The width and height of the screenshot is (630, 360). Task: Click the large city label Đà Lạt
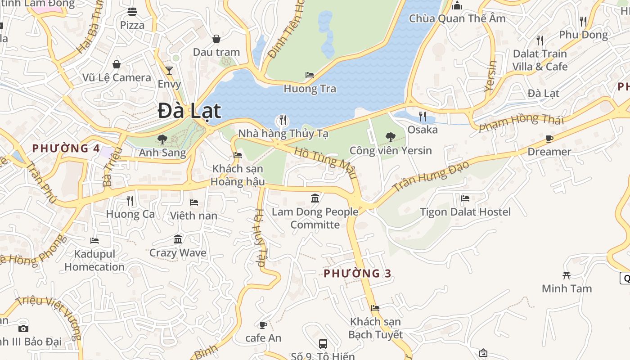[189, 111]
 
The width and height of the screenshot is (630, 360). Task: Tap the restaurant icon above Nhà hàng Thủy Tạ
[283, 120]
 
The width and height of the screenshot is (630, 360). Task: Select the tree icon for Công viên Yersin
[391, 137]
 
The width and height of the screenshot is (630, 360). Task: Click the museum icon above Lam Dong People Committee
[315, 198]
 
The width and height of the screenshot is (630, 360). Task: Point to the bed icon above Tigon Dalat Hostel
[465, 198]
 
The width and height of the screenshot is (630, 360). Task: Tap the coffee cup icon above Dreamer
[549, 139]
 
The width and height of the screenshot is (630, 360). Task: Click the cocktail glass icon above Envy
[169, 70]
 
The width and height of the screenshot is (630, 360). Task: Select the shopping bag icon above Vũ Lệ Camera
[117, 64]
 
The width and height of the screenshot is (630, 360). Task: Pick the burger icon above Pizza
[132, 12]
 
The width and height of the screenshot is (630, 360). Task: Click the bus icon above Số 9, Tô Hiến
[323, 344]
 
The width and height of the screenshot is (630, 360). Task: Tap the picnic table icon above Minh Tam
[567, 275]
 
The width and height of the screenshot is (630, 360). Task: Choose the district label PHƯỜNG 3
[357, 273]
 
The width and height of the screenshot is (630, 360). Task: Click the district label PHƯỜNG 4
[66, 148]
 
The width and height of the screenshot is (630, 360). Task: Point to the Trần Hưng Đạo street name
[431, 176]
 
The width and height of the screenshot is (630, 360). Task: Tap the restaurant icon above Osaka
[422, 117]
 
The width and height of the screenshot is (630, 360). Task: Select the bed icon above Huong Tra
[310, 75]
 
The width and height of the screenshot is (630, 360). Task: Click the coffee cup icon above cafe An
[263, 324]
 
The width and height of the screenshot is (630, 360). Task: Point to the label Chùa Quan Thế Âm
[457, 18]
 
